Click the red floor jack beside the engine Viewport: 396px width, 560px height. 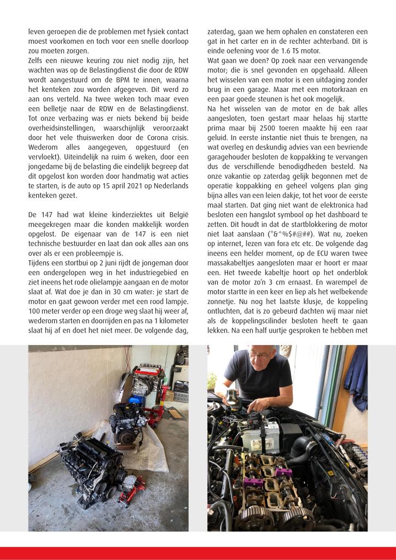coord(132,483)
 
